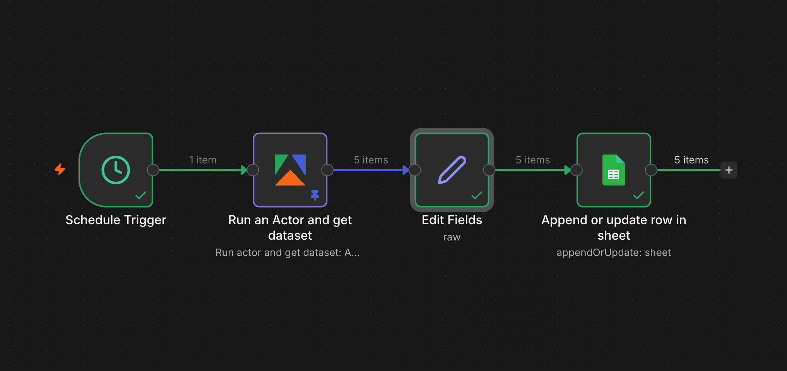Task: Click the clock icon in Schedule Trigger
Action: click(x=116, y=170)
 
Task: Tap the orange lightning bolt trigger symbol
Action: click(x=60, y=169)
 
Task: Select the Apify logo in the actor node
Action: click(x=290, y=170)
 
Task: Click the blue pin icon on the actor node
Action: click(x=315, y=195)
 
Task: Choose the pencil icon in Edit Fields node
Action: click(x=452, y=170)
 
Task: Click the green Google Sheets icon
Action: click(x=614, y=170)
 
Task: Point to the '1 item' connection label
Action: click(x=203, y=160)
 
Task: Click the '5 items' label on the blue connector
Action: click(x=371, y=160)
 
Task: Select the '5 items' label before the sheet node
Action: click(x=533, y=160)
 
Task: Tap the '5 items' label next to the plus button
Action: click(x=691, y=160)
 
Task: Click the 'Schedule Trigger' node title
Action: click(x=116, y=220)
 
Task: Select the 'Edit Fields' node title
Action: click(x=452, y=220)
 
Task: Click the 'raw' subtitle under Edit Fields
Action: click(x=452, y=237)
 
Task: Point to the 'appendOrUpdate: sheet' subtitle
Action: click(x=614, y=252)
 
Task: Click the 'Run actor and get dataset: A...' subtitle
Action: click(x=287, y=252)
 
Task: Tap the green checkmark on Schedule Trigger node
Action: click(x=140, y=195)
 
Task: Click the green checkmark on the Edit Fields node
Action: click(x=477, y=195)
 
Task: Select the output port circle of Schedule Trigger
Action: click(x=153, y=170)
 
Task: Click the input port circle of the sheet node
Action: click(x=577, y=170)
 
